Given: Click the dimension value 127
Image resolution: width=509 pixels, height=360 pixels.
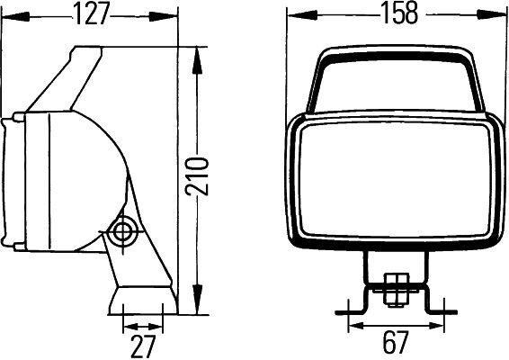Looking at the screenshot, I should (x=91, y=13).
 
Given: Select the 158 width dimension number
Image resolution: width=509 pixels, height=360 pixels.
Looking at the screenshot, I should (x=394, y=13).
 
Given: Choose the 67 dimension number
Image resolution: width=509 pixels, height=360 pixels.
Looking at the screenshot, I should (x=395, y=343).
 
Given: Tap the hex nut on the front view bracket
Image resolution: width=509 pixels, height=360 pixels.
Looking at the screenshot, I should (x=394, y=289).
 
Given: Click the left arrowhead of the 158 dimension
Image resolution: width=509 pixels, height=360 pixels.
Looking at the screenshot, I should (x=294, y=15).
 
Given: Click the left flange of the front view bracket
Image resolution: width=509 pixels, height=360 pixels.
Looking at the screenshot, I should (x=349, y=312).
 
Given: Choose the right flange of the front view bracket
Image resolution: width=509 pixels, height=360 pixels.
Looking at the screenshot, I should (x=439, y=312).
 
